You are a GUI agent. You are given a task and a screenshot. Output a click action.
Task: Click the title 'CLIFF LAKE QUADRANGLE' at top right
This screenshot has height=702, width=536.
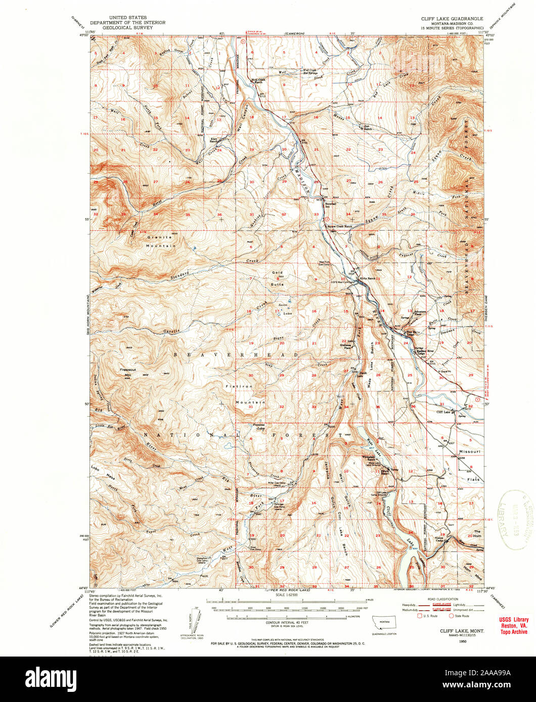(452, 18)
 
